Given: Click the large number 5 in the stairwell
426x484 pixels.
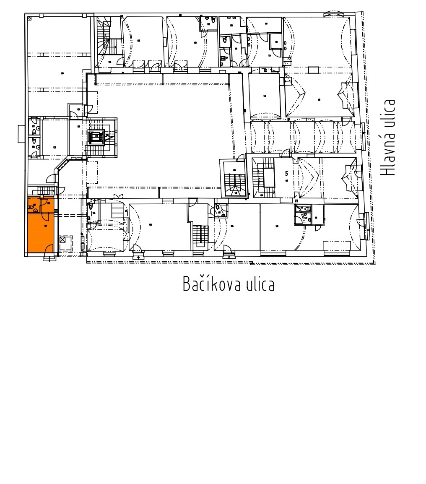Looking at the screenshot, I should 286,173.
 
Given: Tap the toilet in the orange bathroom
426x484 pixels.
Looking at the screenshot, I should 31,206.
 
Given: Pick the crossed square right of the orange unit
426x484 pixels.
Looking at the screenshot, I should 63,240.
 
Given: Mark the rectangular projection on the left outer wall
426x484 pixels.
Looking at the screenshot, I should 21,134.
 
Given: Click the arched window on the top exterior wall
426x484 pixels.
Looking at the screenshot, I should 334,14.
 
